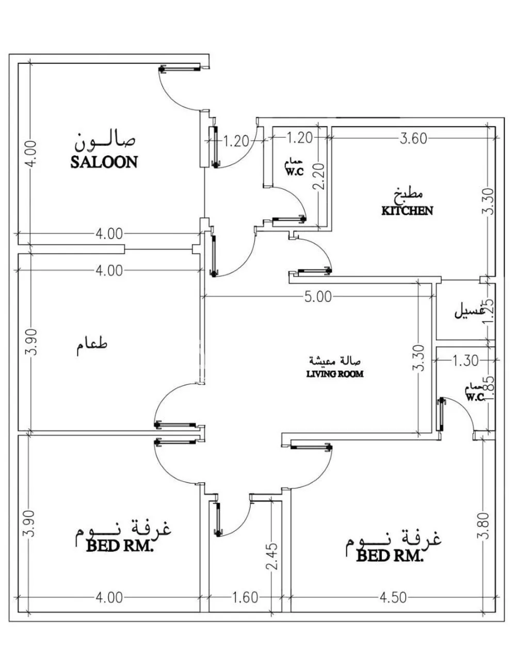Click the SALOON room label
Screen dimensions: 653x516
point(104,162)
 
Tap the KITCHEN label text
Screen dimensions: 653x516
point(407,210)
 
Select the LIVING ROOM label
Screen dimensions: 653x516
point(334,373)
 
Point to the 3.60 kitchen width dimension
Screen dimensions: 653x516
point(413,138)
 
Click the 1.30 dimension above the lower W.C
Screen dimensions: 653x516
point(465,361)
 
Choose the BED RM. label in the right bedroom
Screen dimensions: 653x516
point(390,556)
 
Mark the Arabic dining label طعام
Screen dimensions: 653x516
point(93,346)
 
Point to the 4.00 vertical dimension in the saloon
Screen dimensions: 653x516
point(31,153)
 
